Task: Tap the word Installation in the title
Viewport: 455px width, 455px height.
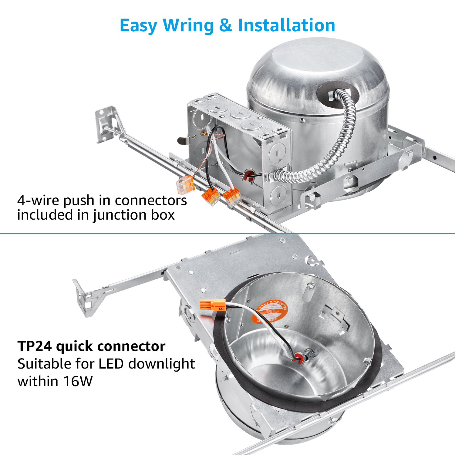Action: point(286,25)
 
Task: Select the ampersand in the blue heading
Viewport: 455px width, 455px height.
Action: point(225,25)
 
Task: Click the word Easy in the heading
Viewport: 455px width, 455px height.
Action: point(138,25)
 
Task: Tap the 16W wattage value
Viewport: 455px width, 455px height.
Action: point(77,382)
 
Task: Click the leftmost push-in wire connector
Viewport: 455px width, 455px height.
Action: point(185,184)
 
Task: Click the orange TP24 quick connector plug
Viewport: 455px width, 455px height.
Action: point(213,305)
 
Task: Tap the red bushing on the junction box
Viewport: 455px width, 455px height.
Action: point(249,174)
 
